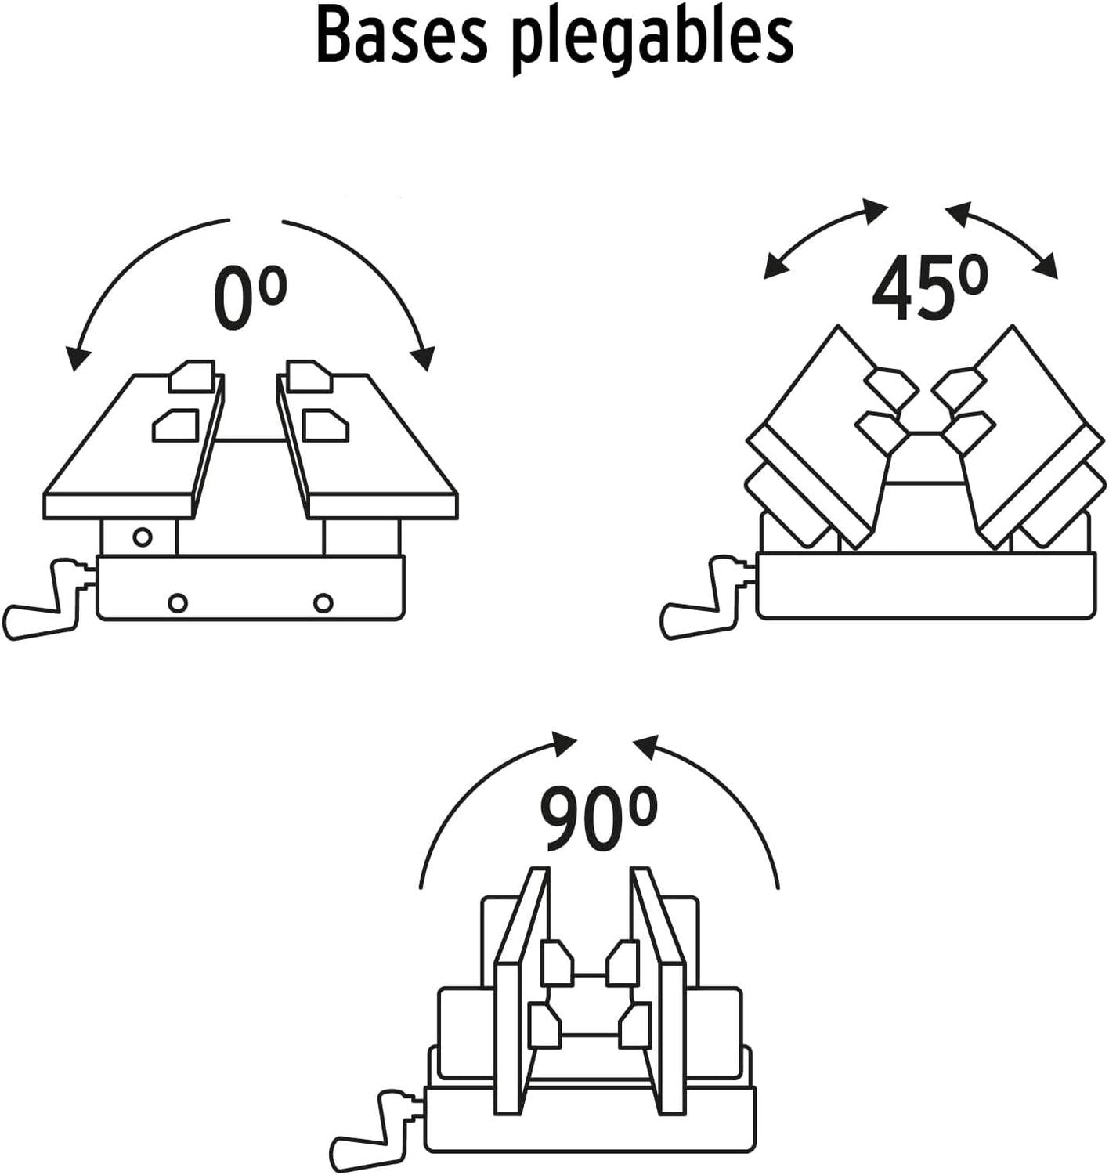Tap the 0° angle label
click(250, 298)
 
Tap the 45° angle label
click(929, 288)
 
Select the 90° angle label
click(598, 819)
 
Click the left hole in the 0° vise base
click(178, 603)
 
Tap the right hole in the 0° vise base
click(323, 603)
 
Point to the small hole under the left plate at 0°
click(142, 537)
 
